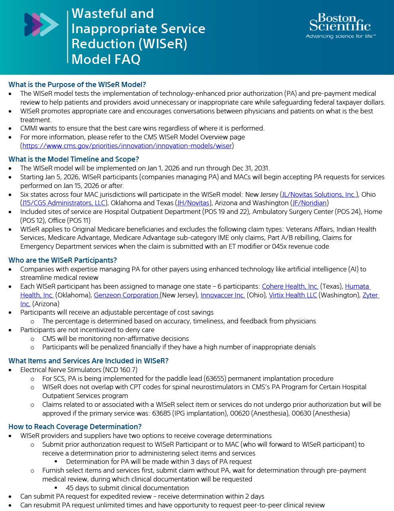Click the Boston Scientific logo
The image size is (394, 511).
[340, 23]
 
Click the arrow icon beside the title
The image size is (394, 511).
[41, 25]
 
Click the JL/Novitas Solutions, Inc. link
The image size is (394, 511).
[319, 194]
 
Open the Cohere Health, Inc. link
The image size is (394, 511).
[290, 286]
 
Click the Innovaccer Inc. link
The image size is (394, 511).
[223, 295]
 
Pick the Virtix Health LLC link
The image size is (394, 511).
[293, 295]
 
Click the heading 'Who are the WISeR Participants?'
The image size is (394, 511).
[63, 260]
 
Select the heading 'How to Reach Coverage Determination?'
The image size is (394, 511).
[75, 427]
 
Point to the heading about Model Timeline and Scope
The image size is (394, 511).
[74, 159]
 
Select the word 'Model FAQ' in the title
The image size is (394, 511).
[106, 59]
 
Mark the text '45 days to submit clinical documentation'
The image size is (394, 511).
[127, 488]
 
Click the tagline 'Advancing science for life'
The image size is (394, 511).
[341, 36]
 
